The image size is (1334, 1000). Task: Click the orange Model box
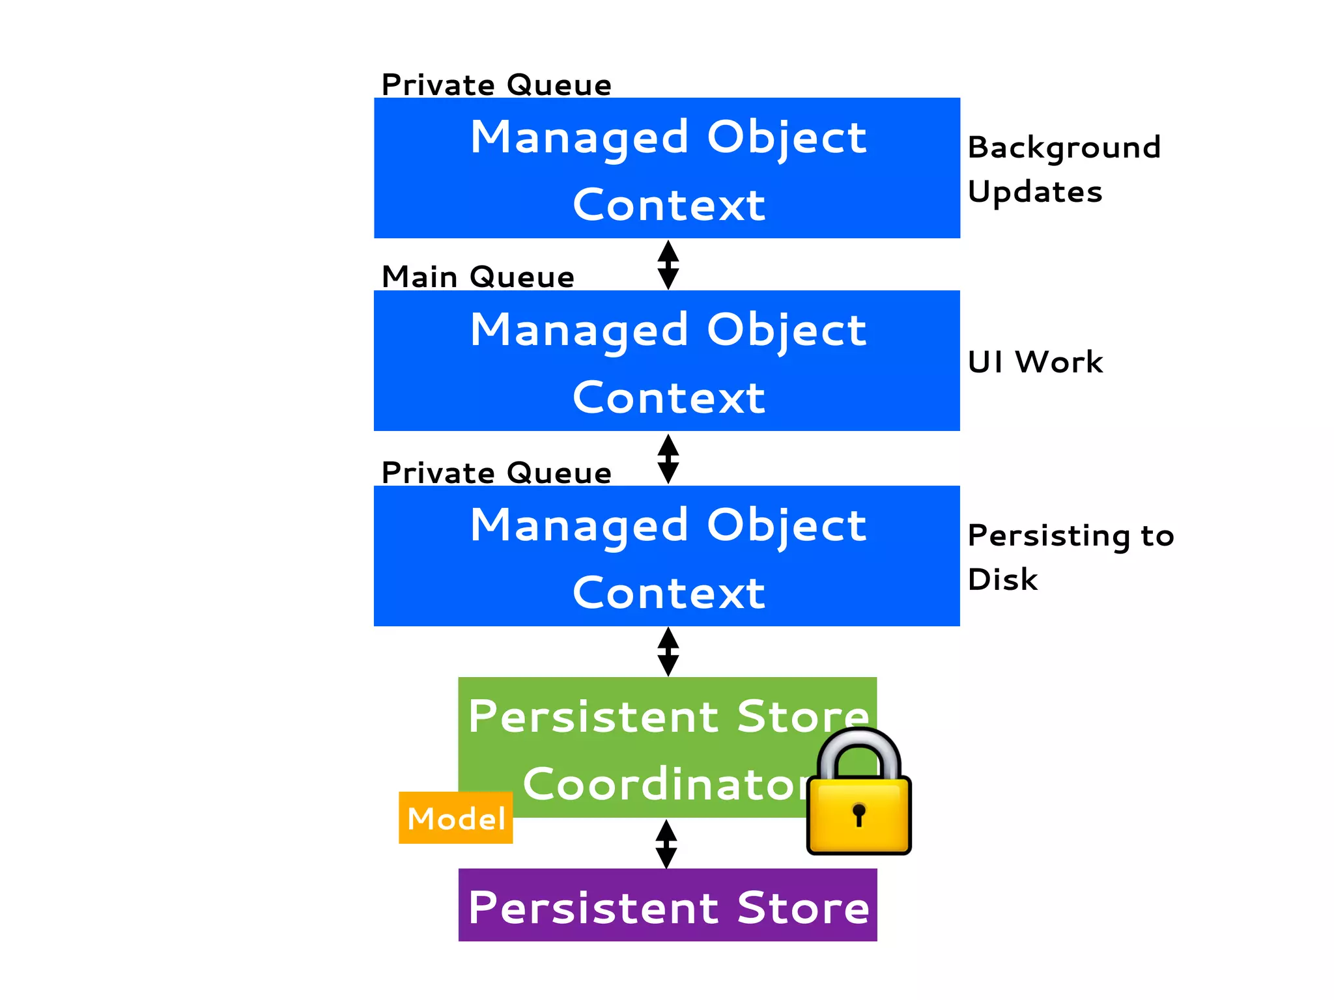click(455, 818)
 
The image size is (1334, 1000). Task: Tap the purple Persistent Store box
click(668, 905)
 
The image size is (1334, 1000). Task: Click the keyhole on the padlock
click(859, 814)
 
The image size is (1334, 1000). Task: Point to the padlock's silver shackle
click(859, 749)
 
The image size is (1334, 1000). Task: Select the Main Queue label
click(477, 277)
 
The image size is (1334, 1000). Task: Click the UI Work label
click(1035, 362)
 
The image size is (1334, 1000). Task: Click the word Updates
click(1035, 192)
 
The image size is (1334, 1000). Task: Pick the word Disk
click(1002, 579)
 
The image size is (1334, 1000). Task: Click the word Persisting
click(1049, 536)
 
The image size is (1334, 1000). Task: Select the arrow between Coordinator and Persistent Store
click(666, 844)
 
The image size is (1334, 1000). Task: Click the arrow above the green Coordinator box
click(668, 651)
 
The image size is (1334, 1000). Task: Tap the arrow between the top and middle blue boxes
click(668, 264)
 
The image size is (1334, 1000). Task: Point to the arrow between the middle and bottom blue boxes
click(668, 458)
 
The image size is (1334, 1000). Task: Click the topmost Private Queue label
click(496, 85)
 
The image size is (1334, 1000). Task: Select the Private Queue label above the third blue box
click(496, 473)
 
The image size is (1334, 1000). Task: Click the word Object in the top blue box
click(786, 138)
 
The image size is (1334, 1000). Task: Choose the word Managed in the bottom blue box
click(579, 526)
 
